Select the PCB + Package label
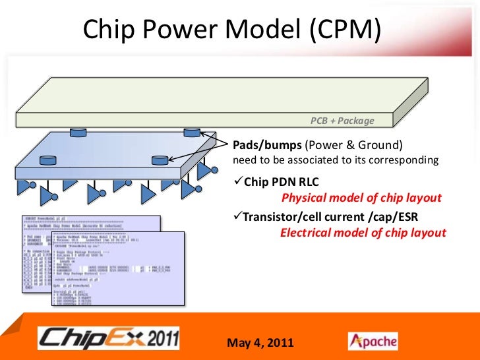(342, 121)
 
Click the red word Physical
(303, 198)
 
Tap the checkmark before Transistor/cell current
(239, 216)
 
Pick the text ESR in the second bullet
(407, 216)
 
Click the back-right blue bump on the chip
(191, 133)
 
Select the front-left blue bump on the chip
(47, 160)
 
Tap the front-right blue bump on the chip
(159, 160)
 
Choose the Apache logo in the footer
(373, 341)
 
